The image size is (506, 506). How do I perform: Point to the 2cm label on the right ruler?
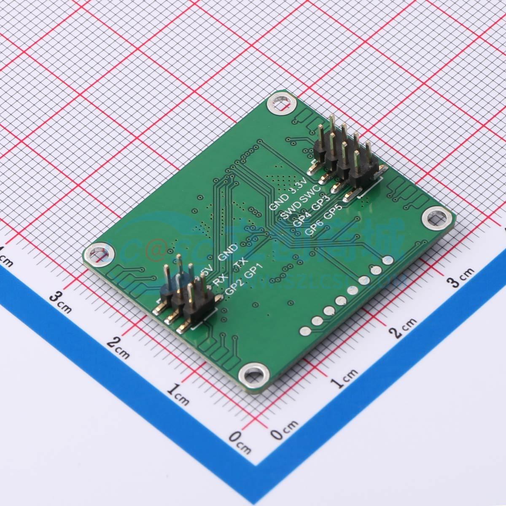(x=404, y=328)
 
